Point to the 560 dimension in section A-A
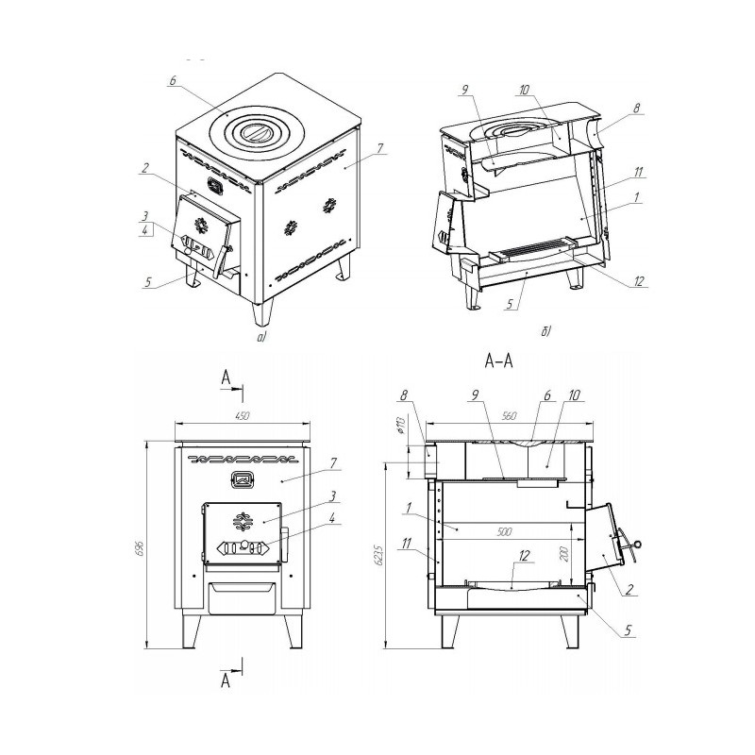pyautogui.click(x=509, y=416)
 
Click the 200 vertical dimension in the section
pyautogui.click(x=565, y=554)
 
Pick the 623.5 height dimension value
pyautogui.click(x=379, y=555)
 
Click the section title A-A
pyautogui.click(x=499, y=361)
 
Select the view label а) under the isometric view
pyautogui.click(x=261, y=337)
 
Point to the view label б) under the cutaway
pyautogui.click(x=545, y=331)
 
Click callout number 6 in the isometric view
pyautogui.click(x=173, y=81)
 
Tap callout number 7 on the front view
pyautogui.click(x=333, y=462)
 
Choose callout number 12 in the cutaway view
pyautogui.click(x=639, y=280)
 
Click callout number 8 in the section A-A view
pyautogui.click(x=404, y=394)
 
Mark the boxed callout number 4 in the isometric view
pyautogui.click(x=146, y=229)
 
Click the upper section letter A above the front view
pyautogui.click(x=226, y=378)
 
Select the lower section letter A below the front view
pyautogui.click(x=226, y=680)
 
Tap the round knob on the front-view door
pyautogui.click(x=245, y=545)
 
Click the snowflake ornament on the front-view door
pyautogui.click(x=243, y=522)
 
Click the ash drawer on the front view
pyautogui.click(x=242, y=598)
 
